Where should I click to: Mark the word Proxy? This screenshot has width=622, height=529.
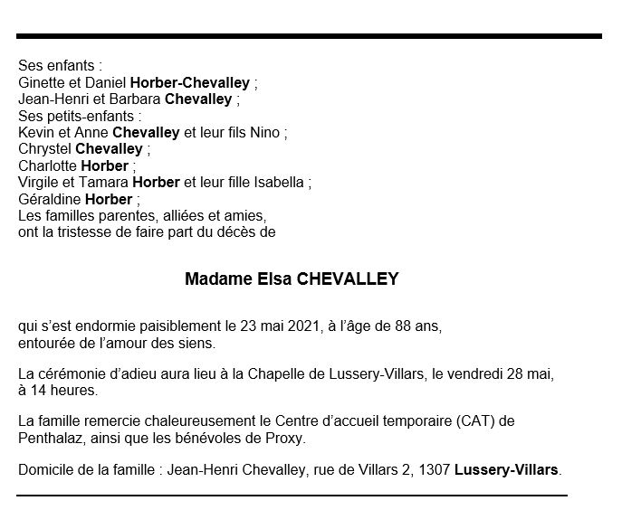point(286,439)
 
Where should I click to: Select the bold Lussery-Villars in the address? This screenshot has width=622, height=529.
point(508,471)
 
